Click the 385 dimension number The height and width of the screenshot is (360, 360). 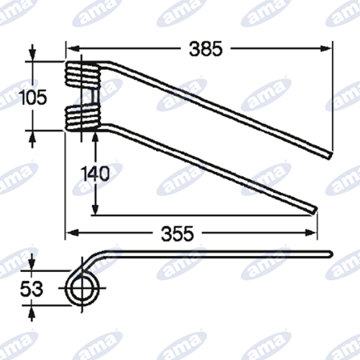point(206,49)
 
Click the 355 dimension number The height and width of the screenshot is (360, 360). point(178,234)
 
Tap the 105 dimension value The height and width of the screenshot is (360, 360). point(34,97)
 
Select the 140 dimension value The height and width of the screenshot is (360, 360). point(95,174)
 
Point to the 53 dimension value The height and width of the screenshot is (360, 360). point(31,289)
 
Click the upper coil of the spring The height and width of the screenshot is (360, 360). point(83,74)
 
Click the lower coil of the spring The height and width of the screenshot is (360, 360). point(83,118)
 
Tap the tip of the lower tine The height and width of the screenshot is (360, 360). point(315,210)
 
